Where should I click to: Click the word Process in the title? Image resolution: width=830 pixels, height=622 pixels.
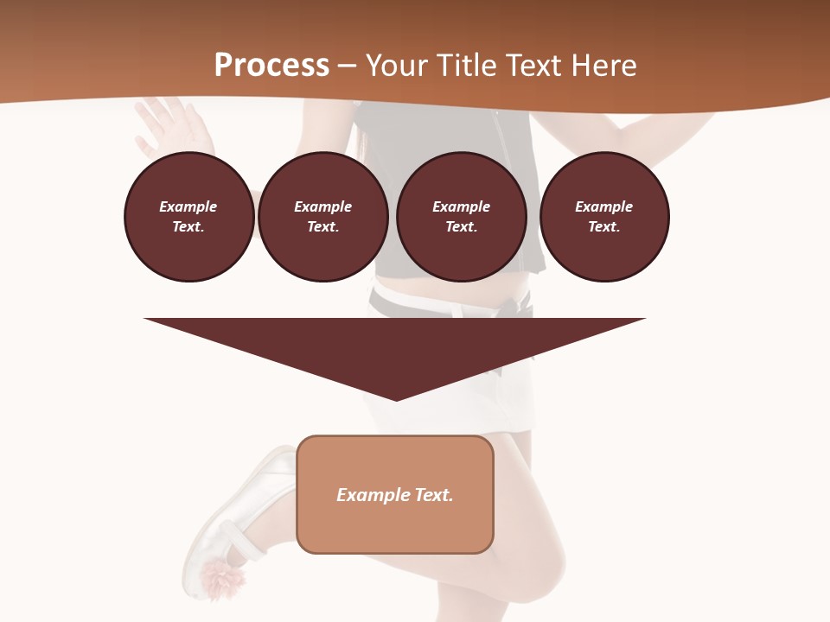(x=271, y=66)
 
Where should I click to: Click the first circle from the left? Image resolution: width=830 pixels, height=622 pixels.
(x=188, y=216)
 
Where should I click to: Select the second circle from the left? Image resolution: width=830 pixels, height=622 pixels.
(x=322, y=216)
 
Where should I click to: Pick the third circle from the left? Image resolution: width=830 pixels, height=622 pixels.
(x=461, y=216)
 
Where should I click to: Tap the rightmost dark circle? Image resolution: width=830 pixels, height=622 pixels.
(x=603, y=216)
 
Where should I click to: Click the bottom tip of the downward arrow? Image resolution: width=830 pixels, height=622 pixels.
(x=396, y=398)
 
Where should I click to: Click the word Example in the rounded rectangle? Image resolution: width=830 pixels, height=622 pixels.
(x=373, y=495)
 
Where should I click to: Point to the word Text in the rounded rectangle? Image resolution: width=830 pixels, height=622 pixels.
(x=433, y=495)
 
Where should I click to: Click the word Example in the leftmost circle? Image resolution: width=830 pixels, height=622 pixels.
(x=188, y=206)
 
